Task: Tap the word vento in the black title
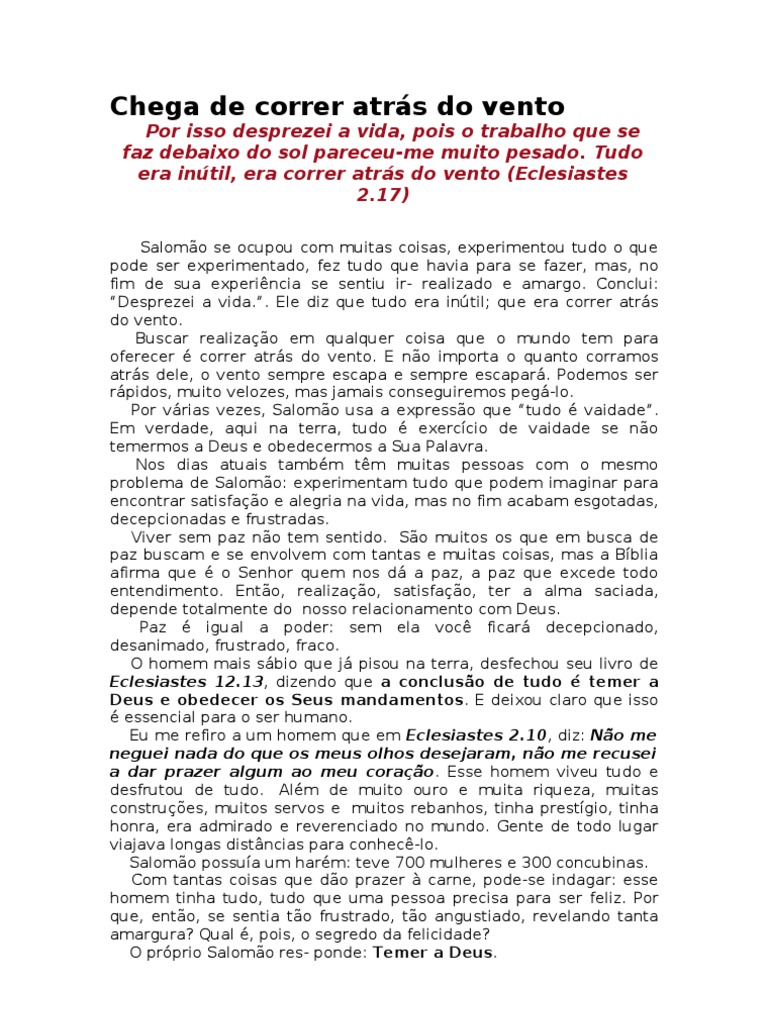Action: tap(520, 106)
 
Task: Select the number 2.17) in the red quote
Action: tap(383, 196)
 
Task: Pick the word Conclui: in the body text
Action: tap(627, 283)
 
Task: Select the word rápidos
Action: tap(138, 392)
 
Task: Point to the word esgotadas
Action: tap(618, 501)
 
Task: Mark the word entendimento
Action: tap(158, 591)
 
